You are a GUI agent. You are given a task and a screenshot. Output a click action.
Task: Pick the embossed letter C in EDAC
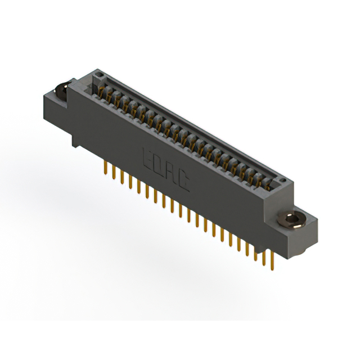coord(184,181)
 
